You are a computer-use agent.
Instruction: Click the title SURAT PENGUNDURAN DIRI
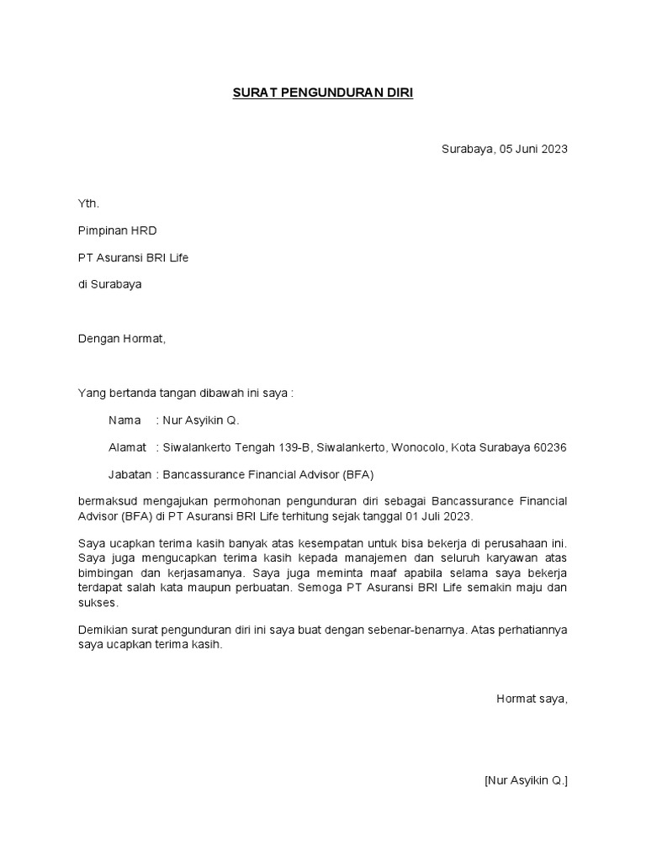click(323, 94)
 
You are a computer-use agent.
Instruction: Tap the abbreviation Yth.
click(88, 203)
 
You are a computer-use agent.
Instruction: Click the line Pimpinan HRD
click(117, 230)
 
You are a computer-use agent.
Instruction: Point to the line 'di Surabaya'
click(109, 284)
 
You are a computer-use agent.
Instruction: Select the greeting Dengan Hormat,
click(122, 339)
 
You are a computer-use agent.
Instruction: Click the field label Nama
click(124, 420)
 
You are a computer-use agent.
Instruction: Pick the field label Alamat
click(127, 447)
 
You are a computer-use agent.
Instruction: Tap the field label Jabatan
click(130, 474)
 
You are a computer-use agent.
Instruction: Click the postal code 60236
click(550, 447)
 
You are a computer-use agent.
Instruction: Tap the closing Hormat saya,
click(532, 699)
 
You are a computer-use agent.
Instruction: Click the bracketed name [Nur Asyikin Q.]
click(526, 780)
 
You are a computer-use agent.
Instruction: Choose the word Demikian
click(103, 631)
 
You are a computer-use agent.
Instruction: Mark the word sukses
click(98, 603)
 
